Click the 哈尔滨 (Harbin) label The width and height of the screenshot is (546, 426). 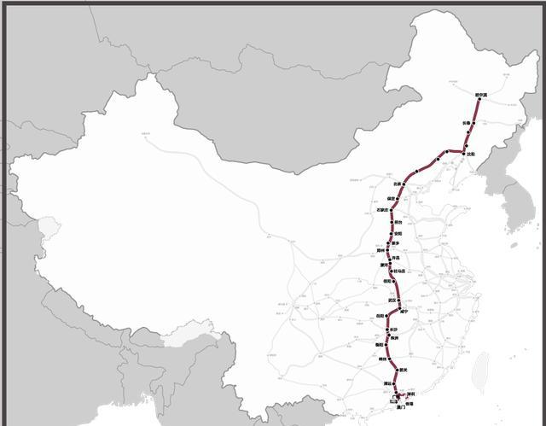479,95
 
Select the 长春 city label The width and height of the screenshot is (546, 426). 466,123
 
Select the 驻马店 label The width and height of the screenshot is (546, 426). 400,271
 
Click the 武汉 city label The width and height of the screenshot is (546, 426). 392,300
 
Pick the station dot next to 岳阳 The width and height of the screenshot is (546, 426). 388,316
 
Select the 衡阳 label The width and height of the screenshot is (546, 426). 380,344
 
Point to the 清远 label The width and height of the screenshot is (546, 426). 388,384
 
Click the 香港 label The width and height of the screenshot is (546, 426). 409,404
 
